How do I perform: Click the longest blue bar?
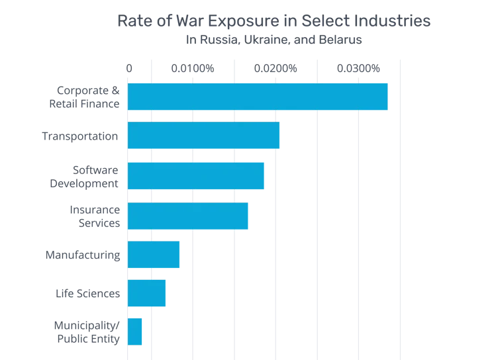258,96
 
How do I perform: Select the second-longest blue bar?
204,136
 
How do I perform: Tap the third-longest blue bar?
196,175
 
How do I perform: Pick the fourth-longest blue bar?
188,216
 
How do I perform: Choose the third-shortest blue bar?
154,255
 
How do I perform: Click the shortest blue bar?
135,332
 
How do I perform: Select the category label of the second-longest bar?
80,137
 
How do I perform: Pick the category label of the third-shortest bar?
82,255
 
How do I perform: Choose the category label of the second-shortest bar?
87,294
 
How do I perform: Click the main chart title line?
275,21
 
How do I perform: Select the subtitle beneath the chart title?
274,41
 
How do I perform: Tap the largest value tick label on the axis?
357,69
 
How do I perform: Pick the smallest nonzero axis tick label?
193,69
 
